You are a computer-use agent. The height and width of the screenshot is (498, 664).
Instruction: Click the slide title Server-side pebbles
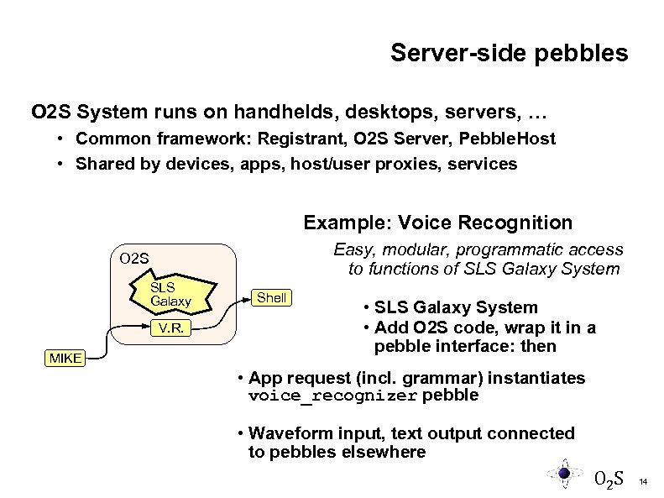tap(509, 54)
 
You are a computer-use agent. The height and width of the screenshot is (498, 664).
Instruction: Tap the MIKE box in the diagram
tap(64, 359)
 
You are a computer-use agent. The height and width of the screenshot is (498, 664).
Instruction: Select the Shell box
tap(271, 297)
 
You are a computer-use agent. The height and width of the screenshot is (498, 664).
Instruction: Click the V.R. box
tap(171, 329)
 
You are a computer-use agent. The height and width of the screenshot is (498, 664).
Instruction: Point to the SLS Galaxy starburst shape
tap(170, 294)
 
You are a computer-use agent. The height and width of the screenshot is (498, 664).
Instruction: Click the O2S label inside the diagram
tap(135, 258)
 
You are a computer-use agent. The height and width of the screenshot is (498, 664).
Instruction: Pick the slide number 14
tap(643, 482)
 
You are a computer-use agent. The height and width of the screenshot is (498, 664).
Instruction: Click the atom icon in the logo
tap(565, 474)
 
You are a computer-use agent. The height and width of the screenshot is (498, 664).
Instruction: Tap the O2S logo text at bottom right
tap(608, 480)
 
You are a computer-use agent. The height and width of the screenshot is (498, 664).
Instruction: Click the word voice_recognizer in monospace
tap(333, 396)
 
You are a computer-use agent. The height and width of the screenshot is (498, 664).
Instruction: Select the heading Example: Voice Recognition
tap(437, 223)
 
